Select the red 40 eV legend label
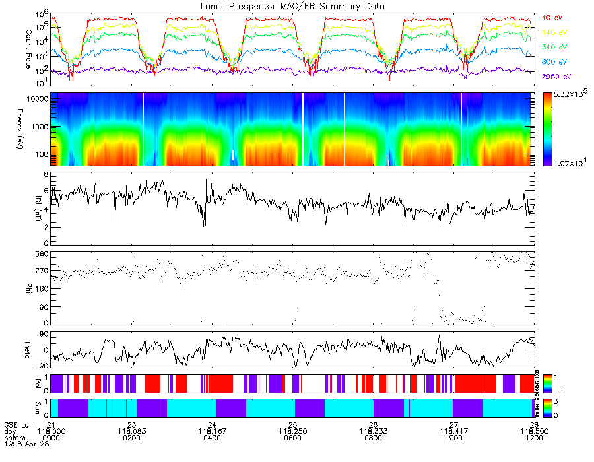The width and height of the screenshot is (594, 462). [552, 17]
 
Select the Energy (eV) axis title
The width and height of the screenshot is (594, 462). [10, 129]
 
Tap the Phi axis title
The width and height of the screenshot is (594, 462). [10, 288]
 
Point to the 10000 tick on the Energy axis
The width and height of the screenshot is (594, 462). [35, 98]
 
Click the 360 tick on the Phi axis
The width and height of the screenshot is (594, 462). [41, 254]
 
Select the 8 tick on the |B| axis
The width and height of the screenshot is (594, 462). [46, 174]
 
